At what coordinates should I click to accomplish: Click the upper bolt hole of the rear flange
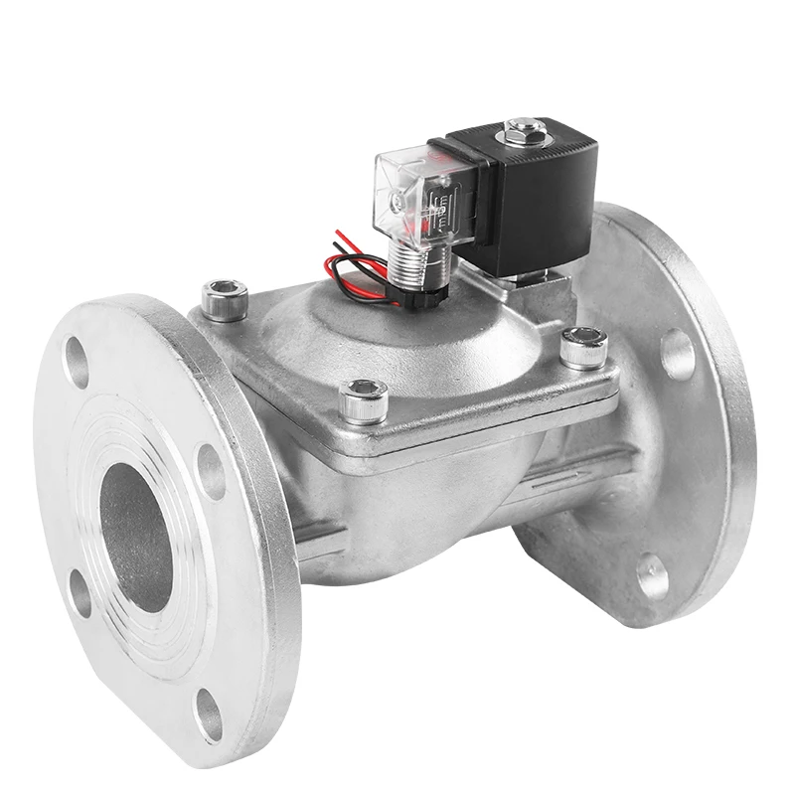pyautogui.click(x=679, y=353)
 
